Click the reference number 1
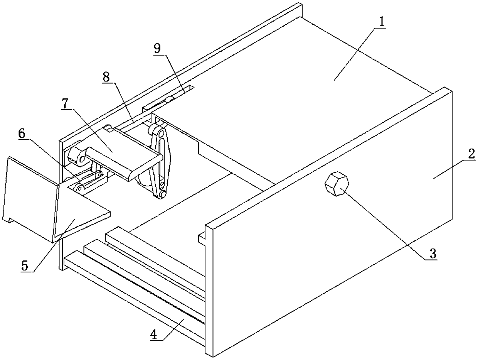pos(381,23)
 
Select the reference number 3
pos(433,254)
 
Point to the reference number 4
pos(154,335)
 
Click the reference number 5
pos(25,266)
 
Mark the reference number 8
pos(107,76)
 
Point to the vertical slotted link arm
pos(160,162)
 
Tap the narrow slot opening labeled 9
pos(181,93)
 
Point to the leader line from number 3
pos(385,224)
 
